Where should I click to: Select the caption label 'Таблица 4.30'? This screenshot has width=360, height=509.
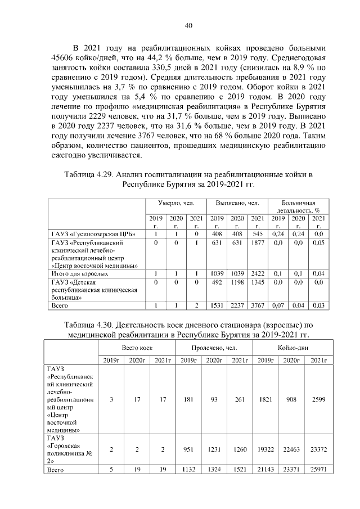pyautogui.click(x=88, y=325)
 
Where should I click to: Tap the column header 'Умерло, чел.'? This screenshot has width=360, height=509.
pyautogui.click(x=176, y=202)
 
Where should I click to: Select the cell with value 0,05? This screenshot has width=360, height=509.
pyautogui.click(x=318, y=243)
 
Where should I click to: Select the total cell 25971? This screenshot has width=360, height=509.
pyautogui.click(x=318, y=469)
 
